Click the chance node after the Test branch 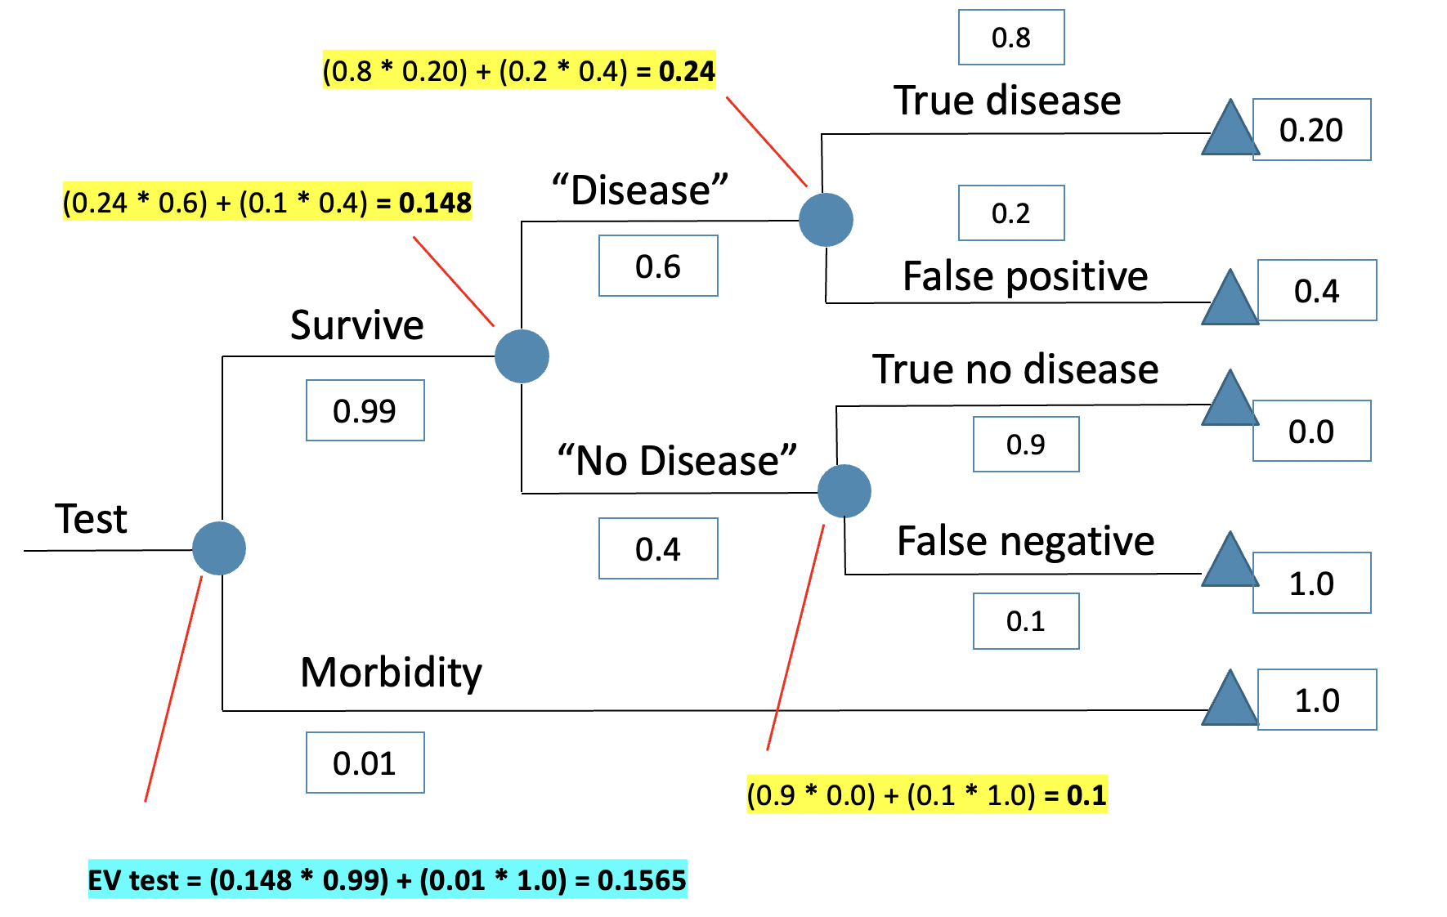[x=219, y=548]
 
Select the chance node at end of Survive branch [x=522, y=356]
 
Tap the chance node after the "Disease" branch [x=826, y=220]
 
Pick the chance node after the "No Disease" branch [x=844, y=491]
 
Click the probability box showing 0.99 [x=365, y=410]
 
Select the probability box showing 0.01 [x=365, y=763]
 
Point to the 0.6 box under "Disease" [x=658, y=266]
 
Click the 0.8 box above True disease [x=1011, y=38]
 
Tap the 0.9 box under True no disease [x=1026, y=445]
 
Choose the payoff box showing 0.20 [x=1311, y=130]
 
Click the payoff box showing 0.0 [x=1311, y=431]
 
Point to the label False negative [x=1025, y=541]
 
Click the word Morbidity [x=391, y=673]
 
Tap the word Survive [x=357, y=325]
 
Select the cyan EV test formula [x=388, y=880]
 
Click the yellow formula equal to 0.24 [x=518, y=70]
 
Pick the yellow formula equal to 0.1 [x=926, y=794]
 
